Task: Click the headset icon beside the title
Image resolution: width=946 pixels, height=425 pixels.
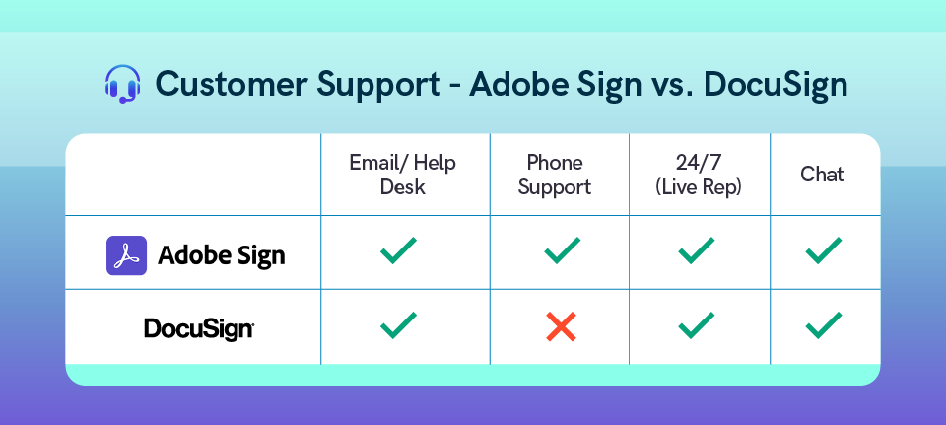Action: click(x=122, y=84)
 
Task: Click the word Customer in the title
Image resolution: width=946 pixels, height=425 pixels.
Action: click(x=232, y=84)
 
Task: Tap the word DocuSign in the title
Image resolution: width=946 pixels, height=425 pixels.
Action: click(x=776, y=85)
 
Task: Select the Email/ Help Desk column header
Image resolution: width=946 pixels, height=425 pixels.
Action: click(x=402, y=175)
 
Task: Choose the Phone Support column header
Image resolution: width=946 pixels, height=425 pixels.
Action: click(x=555, y=175)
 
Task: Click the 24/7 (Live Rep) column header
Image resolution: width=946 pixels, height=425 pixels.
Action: click(x=698, y=175)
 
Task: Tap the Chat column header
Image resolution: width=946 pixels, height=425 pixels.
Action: click(x=822, y=175)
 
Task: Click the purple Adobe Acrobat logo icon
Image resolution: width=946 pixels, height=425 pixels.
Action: click(x=127, y=255)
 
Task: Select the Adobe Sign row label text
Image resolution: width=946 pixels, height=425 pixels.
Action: click(x=222, y=256)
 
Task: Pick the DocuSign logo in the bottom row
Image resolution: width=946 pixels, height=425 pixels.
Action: click(x=199, y=329)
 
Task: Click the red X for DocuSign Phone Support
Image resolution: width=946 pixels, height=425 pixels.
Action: click(x=561, y=326)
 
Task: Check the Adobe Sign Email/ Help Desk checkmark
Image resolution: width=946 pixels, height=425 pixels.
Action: click(x=398, y=250)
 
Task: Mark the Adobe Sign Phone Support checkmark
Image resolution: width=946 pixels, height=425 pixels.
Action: click(x=563, y=250)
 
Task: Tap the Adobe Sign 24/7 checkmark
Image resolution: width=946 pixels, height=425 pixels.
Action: click(x=697, y=250)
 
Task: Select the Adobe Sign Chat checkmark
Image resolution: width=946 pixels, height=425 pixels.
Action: click(x=824, y=250)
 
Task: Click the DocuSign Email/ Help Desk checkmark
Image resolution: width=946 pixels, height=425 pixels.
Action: click(x=398, y=324)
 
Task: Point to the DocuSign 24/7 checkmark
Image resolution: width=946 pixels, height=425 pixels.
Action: click(x=697, y=324)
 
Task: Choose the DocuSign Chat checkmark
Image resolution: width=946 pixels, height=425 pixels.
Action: click(x=824, y=324)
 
